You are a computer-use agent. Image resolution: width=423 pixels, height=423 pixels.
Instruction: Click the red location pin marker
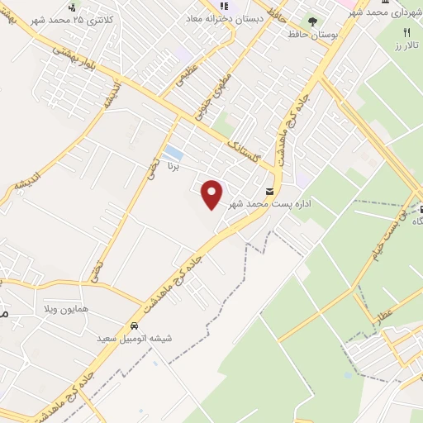212,194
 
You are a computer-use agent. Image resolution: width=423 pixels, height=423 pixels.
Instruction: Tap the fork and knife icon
406,31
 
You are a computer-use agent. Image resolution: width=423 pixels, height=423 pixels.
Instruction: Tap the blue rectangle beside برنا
173,153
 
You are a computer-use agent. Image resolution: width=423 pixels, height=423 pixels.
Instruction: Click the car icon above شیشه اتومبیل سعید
135,325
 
